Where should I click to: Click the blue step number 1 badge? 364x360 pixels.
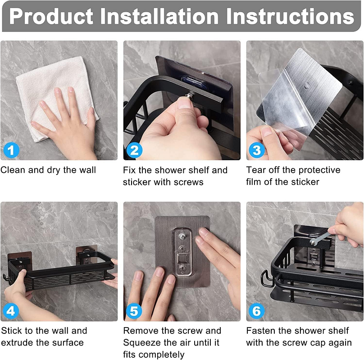(x=11, y=150)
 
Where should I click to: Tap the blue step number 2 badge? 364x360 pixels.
(x=134, y=150)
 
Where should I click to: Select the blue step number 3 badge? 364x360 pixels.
(x=256, y=150)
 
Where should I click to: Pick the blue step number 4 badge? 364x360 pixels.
(x=11, y=310)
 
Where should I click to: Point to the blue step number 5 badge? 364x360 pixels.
(x=134, y=311)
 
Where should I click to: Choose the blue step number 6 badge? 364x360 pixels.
(x=256, y=311)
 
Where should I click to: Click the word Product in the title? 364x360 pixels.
(x=51, y=17)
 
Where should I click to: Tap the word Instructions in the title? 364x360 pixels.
(x=290, y=16)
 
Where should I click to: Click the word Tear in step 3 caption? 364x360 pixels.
(x=256, y=170)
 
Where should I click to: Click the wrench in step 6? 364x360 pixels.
(x=320, y=238)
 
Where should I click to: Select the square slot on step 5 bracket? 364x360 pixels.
(x=182, y=257)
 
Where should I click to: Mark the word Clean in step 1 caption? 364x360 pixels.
(x=13, y=170)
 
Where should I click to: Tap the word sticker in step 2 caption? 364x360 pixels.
(x=137, y=182)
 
